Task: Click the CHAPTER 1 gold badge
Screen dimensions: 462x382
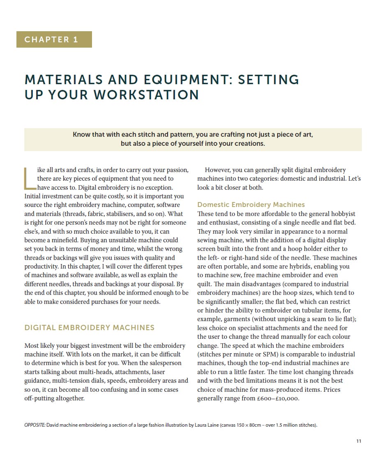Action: click(54, 39)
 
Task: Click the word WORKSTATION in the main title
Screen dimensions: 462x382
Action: click(146, 95)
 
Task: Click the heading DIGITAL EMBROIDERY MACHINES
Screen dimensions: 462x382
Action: click(89, 328)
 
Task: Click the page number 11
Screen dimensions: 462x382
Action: click(359, 441)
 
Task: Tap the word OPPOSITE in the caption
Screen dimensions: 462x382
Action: click(35, 425)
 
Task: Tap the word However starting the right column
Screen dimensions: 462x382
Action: click(218, 170)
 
